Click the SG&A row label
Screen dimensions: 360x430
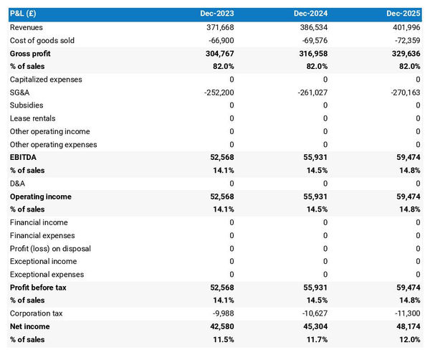pyautogui.click(x=20, y=93)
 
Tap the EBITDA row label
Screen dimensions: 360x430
pyautogui.click(x=23, y=158)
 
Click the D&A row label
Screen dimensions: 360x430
pyautogui.click(x=18, y=184)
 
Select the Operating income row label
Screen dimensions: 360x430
pyautogui.click(x=40, y=196)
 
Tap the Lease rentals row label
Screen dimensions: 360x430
pyautogui.click(x=32, y=118)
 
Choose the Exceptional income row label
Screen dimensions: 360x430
pyautogui.click(x=43, y=262)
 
